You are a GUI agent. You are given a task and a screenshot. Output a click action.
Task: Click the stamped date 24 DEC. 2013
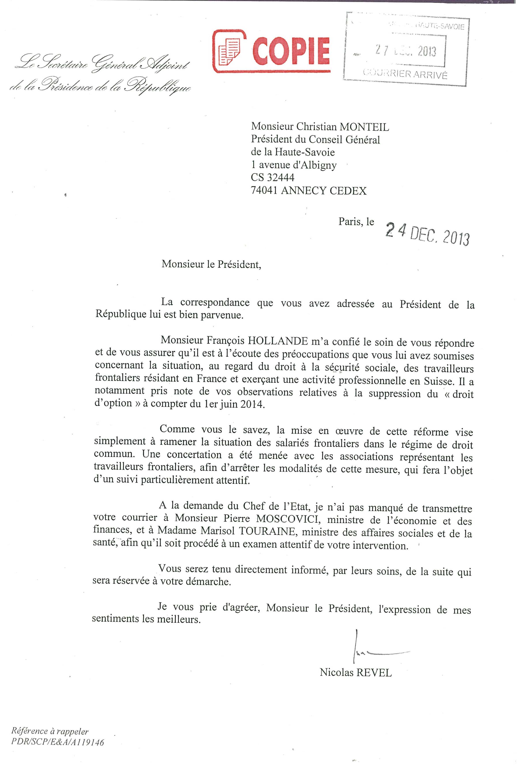427,234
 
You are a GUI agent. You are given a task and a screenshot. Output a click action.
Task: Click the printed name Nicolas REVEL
356,672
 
